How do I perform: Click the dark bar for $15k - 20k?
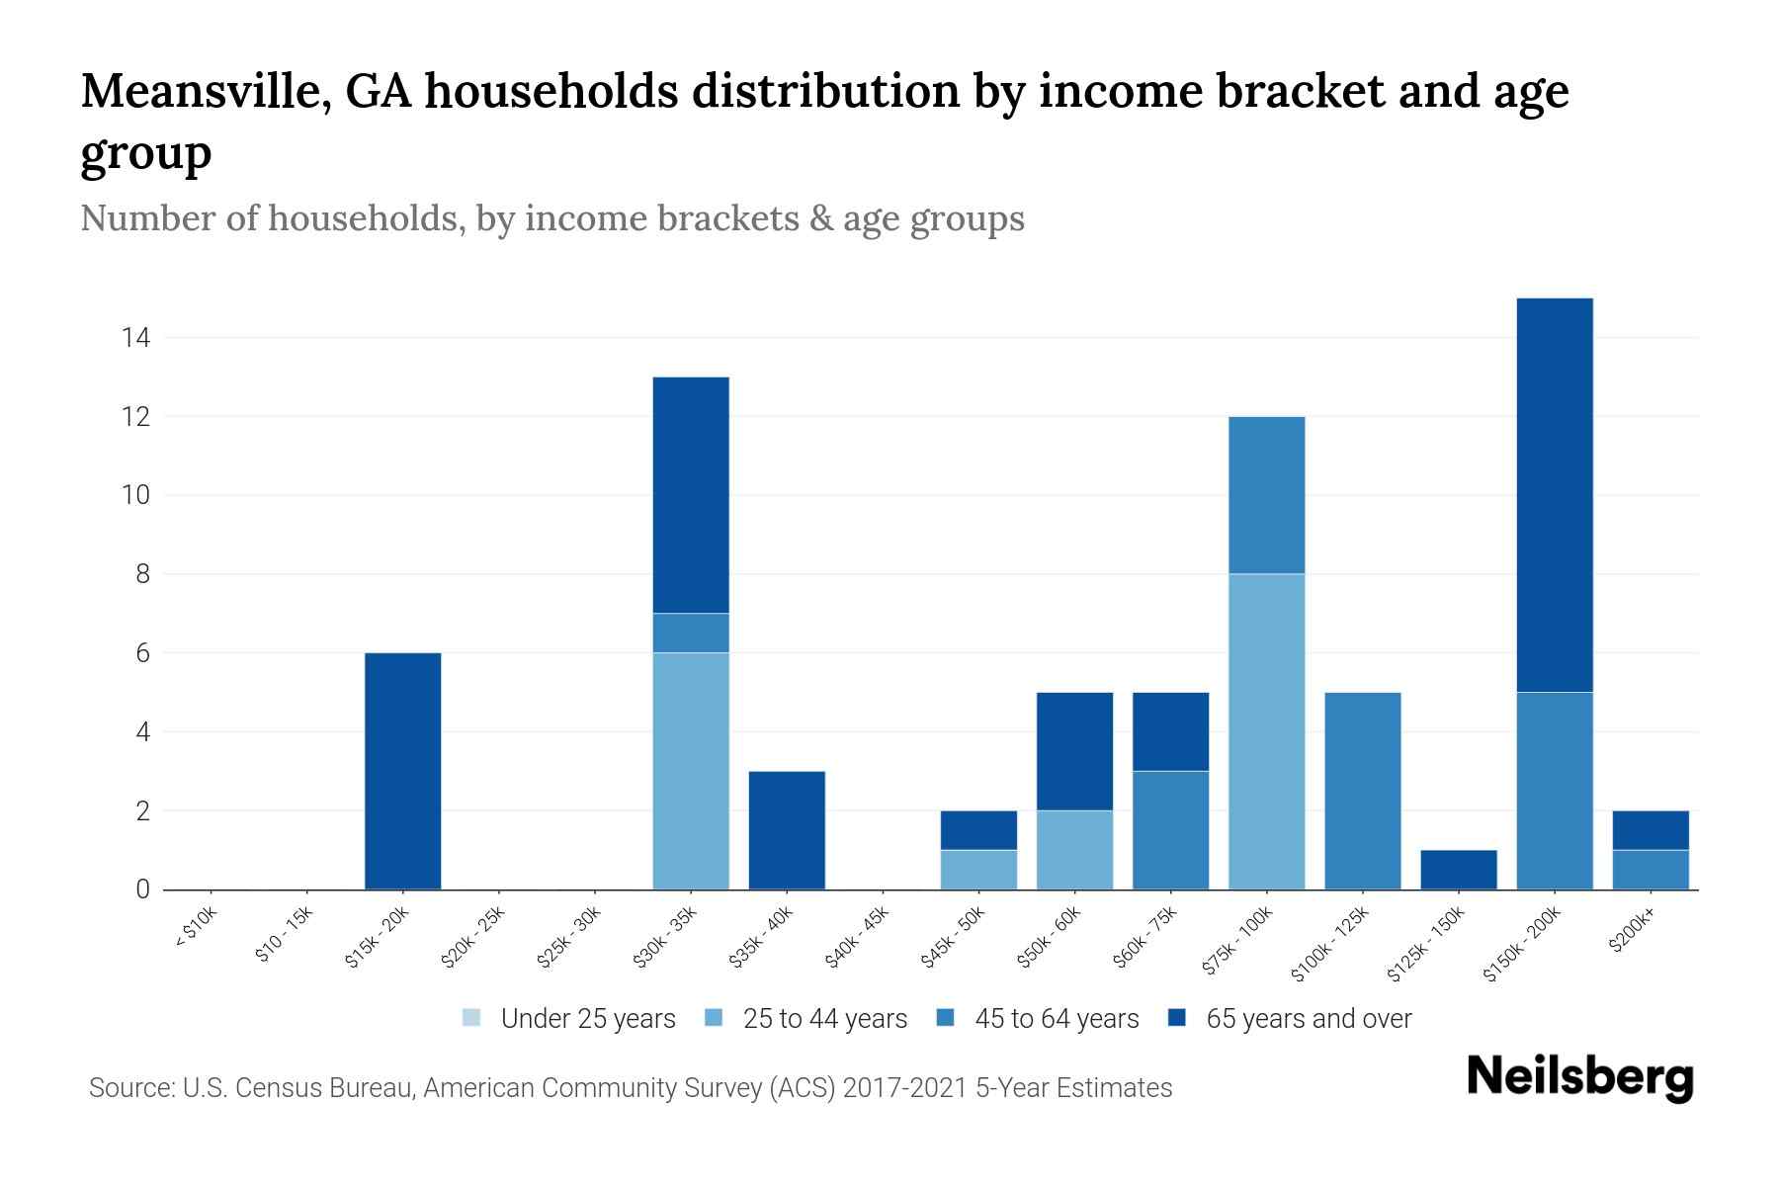(x=402, y=771)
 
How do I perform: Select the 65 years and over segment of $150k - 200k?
(x=1554, y=494)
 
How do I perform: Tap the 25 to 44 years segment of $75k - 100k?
(x=1266, y=731)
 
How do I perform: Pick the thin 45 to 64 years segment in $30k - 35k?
(x=691, y=633)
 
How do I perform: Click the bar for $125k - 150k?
(x=1458, y=870)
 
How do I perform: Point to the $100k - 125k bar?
(x=1362, y=791)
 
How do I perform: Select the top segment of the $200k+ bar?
(x=1651, y=830)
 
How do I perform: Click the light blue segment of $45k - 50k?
(x=978, y=870)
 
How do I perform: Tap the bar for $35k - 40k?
(x=787, y=830)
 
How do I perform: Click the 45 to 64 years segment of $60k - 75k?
(x=1170, y=830)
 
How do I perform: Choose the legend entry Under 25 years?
(x=587, y=1019)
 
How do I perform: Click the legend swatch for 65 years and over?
(x=1176, y=1018)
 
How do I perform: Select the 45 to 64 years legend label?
(x=1057, y=1019)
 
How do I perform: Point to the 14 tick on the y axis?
(x=135, y=338)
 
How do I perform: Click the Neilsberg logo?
(x=1579, y=1077)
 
